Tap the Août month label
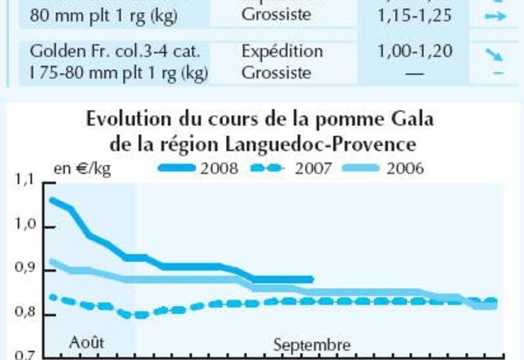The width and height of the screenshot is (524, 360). click(x=86, y=342)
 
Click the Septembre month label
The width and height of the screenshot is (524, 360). click(x=312, y=344)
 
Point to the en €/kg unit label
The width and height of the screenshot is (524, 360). click(x=83, y=169)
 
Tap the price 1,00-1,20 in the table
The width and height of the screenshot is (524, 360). click(x=415, y=51)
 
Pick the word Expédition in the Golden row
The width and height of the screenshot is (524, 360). click(x=282, y=51)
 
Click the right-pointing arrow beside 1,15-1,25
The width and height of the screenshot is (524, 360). click(x=496, y=16)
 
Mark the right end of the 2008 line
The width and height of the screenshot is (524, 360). click(x=312, y=279)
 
